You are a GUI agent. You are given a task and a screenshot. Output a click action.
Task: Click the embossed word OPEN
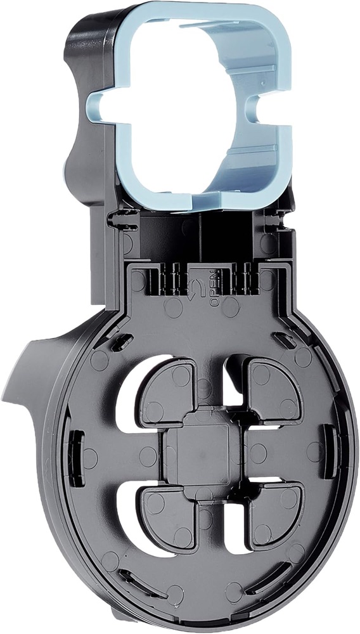pyautogui.click(x=214, y=288)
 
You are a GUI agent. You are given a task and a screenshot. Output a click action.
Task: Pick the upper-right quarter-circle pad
pyautogui.click(x=273, y=390)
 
